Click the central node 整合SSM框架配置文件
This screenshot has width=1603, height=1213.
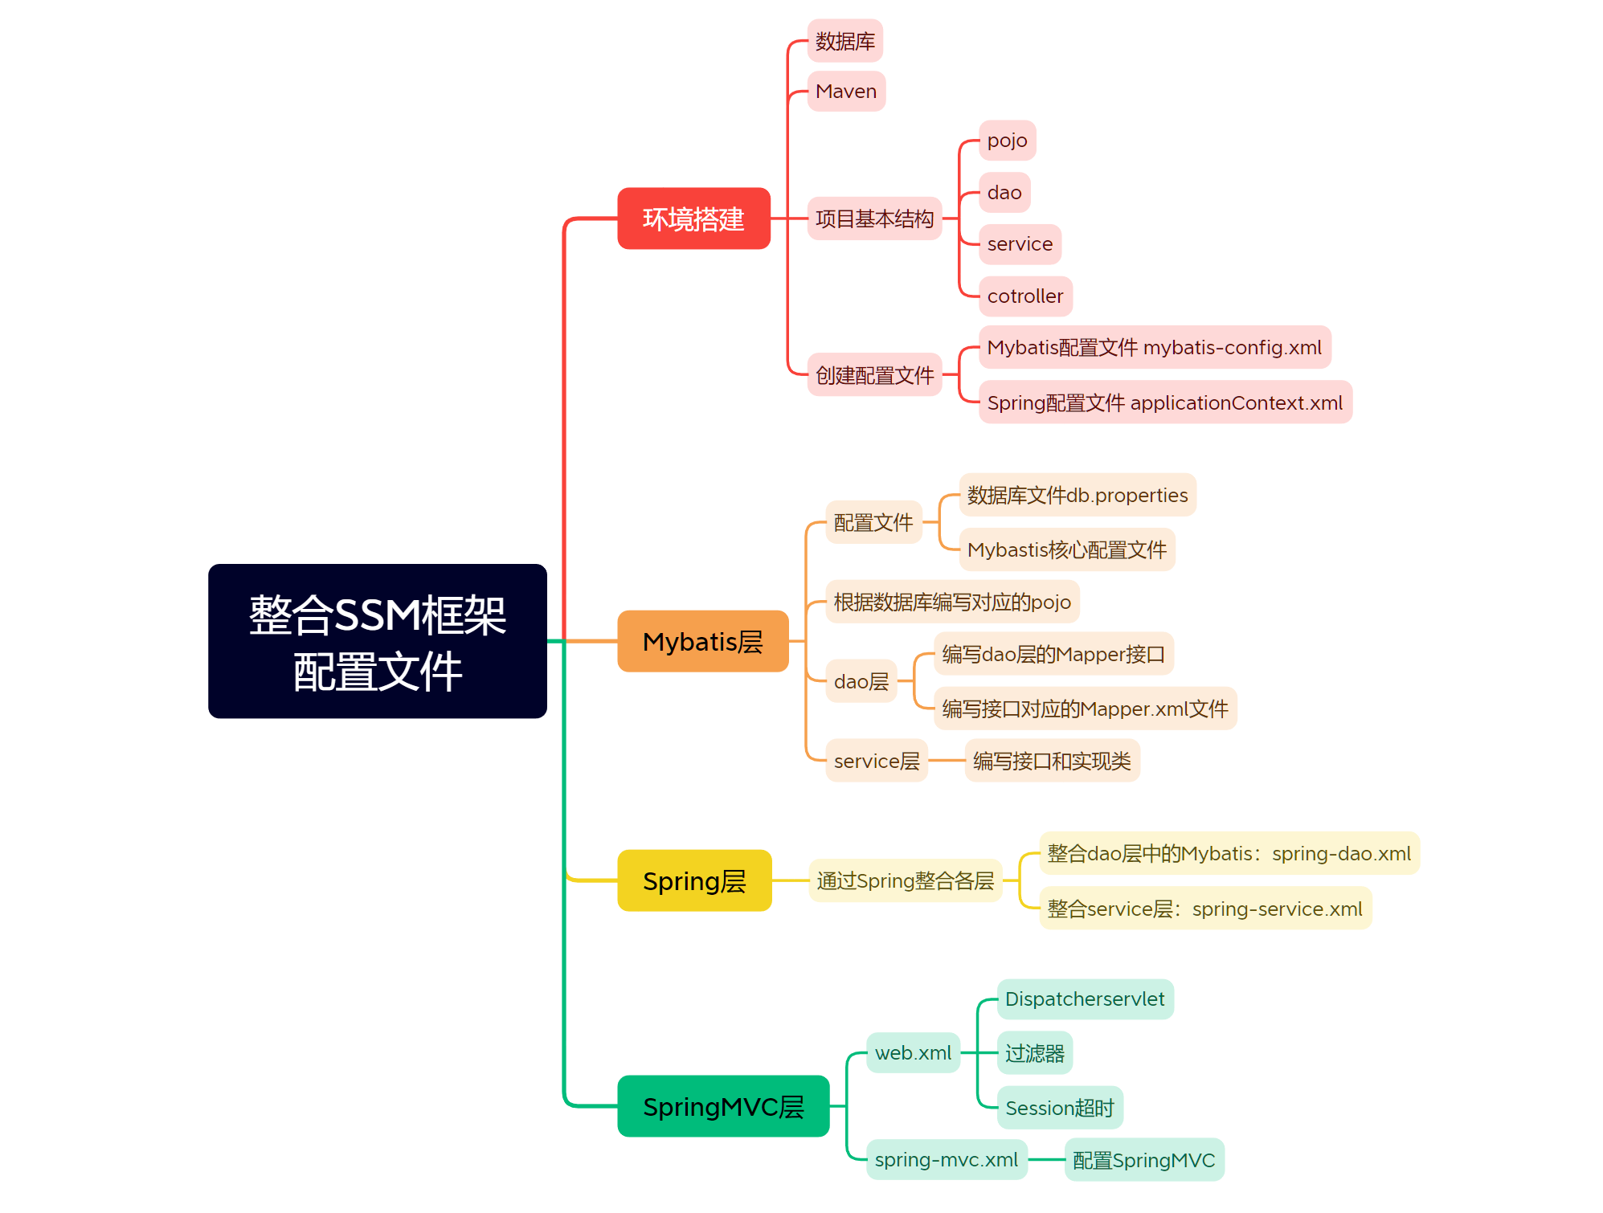pyautogui.click(x=377, y=641)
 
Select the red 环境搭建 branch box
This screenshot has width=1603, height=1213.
pyautogui.click(x=693, y=219)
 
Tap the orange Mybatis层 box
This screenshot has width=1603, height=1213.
pyautogui.click(x=702, y=641)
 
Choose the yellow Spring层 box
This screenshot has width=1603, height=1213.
pyautogui.click(x=694, y=880)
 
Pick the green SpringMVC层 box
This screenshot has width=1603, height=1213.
pyautogui.click(x=722, y=1106)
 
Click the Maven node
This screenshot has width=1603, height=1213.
pyautogui.click(x=845, y=92)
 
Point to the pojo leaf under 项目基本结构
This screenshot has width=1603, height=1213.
pyautogui.click(x=1007, y=141)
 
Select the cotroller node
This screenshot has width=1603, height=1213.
pyautogui.click(x=1024, y=296)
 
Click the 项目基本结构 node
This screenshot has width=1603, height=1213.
pyautogui.click(x=874, y=219)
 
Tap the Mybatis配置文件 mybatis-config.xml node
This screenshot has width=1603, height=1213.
pyautogui.click(x=1154, y=348)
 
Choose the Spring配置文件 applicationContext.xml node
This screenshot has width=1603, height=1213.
pyautogui.click(x=1164, y=402)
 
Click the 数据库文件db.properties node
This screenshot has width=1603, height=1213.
pyautogui.click(x=1077, y=495)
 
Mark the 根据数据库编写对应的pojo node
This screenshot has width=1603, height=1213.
pyautogui.click(x=951, y=602)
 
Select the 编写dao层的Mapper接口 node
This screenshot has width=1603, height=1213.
pyautogui.click(x=1053, y=654)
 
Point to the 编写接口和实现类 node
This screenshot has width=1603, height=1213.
pyautogui.click(x=1051, y=761)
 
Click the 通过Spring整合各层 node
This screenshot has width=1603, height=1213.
pyautogui.click(x=905, y=880)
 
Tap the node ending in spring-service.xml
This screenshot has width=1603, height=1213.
pyautogui.click(x=1204, y=909)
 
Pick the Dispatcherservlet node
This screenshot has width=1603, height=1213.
pyautogui.click(x=1084, y=999)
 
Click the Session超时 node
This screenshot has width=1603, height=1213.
pyautogui.click(x=1059, y=1108)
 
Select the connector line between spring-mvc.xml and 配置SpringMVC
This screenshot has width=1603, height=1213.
pyautogui.click(x=1046, y=1159)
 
